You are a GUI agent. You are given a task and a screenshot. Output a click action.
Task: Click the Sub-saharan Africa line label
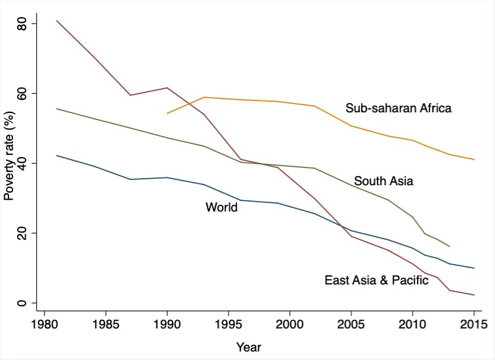(x=398, y=108)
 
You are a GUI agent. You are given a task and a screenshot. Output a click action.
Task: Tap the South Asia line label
(x=383, y=181)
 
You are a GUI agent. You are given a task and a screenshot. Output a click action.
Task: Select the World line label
(x=221, y=208)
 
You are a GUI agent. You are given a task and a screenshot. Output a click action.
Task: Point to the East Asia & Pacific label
(x=376, y=281)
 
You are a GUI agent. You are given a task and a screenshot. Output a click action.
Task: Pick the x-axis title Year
(x=248, y=346)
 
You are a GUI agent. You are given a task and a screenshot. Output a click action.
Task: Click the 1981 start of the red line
(x=56, y=20)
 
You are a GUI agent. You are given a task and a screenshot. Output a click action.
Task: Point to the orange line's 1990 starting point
(x=167, y=113)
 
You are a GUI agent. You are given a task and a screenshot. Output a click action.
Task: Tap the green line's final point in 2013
(x=450, y=246)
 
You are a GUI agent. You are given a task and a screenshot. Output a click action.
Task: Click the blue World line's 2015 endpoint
(x=474, y=268)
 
